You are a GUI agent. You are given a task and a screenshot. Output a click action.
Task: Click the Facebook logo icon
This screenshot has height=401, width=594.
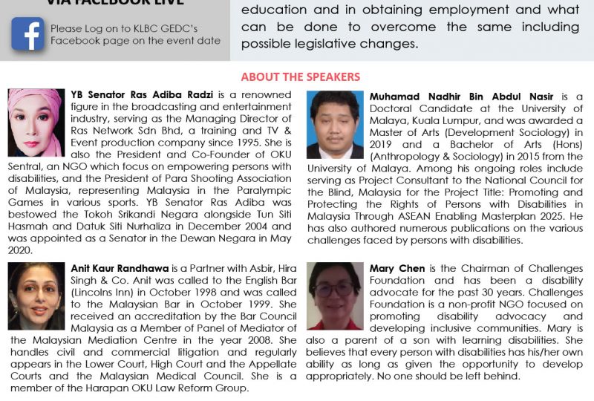(x=27, y=33)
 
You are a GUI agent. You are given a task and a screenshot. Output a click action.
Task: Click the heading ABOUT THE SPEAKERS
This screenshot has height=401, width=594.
(x=300, y=77)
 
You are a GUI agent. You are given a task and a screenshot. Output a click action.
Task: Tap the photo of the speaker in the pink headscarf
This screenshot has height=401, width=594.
(x=36, y=123)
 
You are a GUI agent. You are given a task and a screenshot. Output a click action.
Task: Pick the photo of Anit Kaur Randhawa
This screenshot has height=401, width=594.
(x=36, y=296)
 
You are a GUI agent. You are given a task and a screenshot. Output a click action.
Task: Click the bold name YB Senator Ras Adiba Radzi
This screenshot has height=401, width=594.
(x=140, y=94)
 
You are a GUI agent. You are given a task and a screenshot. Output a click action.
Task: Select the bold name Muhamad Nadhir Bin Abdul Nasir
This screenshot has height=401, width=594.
(x=460, y=97)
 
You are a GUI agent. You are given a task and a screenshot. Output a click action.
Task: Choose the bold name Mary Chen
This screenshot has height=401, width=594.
(x=396, y=268)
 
